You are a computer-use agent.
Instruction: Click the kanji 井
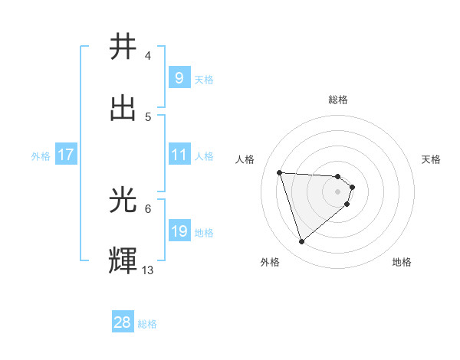click(123, 48)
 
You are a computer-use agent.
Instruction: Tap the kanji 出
click(123, 108)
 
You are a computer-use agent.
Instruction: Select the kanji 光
click(123, 200)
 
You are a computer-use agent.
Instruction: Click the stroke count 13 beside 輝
click(148, 270)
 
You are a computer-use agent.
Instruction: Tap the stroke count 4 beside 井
click(148, 57)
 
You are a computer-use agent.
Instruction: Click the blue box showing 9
click(179, 77)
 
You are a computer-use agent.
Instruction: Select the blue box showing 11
click(179, 155)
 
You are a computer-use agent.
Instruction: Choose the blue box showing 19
click(179, 231)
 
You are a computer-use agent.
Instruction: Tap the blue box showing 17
click(66, 155)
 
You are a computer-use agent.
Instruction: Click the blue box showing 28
click(123, 322)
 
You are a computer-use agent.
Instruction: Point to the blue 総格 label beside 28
click(147, 324)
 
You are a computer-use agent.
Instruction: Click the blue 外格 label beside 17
click(41, 155)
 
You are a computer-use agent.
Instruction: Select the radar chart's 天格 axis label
click(431, 159)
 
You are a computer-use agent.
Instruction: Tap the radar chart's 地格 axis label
click(402, 262)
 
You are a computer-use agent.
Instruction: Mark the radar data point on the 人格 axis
click(280, 172)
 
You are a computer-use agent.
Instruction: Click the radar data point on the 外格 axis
click(301, 242)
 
